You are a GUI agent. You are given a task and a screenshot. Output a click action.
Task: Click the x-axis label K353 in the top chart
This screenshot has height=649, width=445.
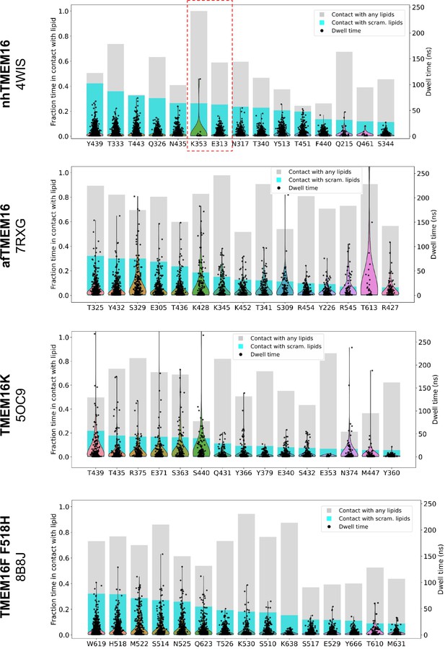[x=198, y=144]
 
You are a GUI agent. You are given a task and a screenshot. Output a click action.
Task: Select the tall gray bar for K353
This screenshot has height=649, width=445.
[x=198, y=57]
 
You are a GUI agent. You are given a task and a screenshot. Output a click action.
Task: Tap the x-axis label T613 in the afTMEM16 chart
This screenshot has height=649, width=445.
[x=369, y=307]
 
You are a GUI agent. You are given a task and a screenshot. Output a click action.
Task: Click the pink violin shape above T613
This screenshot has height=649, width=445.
[x=369, y=273]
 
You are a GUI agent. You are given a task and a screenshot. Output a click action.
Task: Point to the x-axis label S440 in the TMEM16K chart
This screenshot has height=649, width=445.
[x=201, y=472]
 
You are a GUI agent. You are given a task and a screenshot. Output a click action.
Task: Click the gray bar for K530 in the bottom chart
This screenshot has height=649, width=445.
[x=247, y=562]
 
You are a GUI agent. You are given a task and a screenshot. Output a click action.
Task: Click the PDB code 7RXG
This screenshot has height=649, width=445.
[x=20, y=236]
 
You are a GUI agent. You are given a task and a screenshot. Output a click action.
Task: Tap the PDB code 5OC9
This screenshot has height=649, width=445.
[x=20, y=405]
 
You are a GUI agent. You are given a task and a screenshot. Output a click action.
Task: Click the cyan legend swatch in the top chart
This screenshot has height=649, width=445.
[x=322, y=23]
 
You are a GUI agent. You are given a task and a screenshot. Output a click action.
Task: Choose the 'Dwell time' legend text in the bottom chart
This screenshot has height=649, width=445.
[x=353, y=526]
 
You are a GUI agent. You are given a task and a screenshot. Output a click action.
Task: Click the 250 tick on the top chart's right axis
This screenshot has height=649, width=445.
[x=418, y=7]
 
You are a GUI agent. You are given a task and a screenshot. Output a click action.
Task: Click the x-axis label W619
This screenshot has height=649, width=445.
[x=97, y=644]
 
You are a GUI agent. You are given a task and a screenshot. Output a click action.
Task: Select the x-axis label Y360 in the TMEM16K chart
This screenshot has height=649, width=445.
[x=391, y=472]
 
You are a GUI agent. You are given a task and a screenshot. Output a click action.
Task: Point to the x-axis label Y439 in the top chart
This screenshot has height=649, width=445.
[x=94, y=144]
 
